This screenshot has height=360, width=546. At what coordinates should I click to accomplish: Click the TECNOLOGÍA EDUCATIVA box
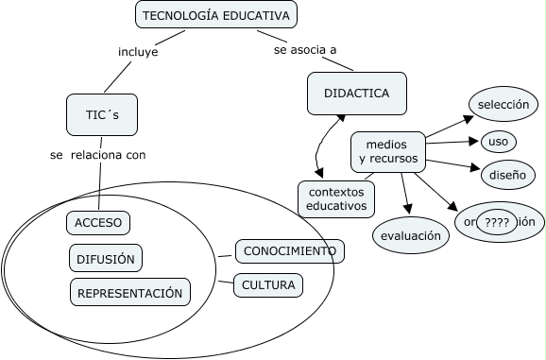pos(217,14)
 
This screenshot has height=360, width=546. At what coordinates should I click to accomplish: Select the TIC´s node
pos(100,115)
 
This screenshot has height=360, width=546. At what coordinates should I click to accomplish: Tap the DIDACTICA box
pos(356,93)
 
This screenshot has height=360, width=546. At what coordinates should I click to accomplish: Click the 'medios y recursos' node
pos(387,151)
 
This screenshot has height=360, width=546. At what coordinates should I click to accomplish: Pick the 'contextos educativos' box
pos(335,197)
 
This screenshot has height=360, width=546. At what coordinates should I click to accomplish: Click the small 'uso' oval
pos(497,143)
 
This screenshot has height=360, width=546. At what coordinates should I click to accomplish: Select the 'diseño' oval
pos(500,175)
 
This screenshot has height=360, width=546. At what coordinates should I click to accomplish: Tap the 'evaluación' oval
pos(411,235)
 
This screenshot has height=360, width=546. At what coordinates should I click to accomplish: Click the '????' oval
pos(495,222)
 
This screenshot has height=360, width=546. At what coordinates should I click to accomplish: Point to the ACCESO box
pos(98,222)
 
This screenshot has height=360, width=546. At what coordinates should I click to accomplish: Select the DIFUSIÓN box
pos(104,258)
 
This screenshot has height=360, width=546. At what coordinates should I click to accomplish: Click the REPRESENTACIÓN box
pos(129,293)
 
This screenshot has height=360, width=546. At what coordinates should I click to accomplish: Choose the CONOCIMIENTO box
pos(288,250)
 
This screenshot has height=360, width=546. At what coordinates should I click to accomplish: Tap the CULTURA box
pos(267,284)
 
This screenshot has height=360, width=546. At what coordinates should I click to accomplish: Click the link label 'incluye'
pos(138,52)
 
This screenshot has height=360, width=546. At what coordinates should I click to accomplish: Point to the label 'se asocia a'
pos(304,49)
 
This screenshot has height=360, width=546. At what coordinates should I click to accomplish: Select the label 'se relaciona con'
pos(98,154)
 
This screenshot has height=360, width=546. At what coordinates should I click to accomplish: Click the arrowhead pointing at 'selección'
pos(467,118)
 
